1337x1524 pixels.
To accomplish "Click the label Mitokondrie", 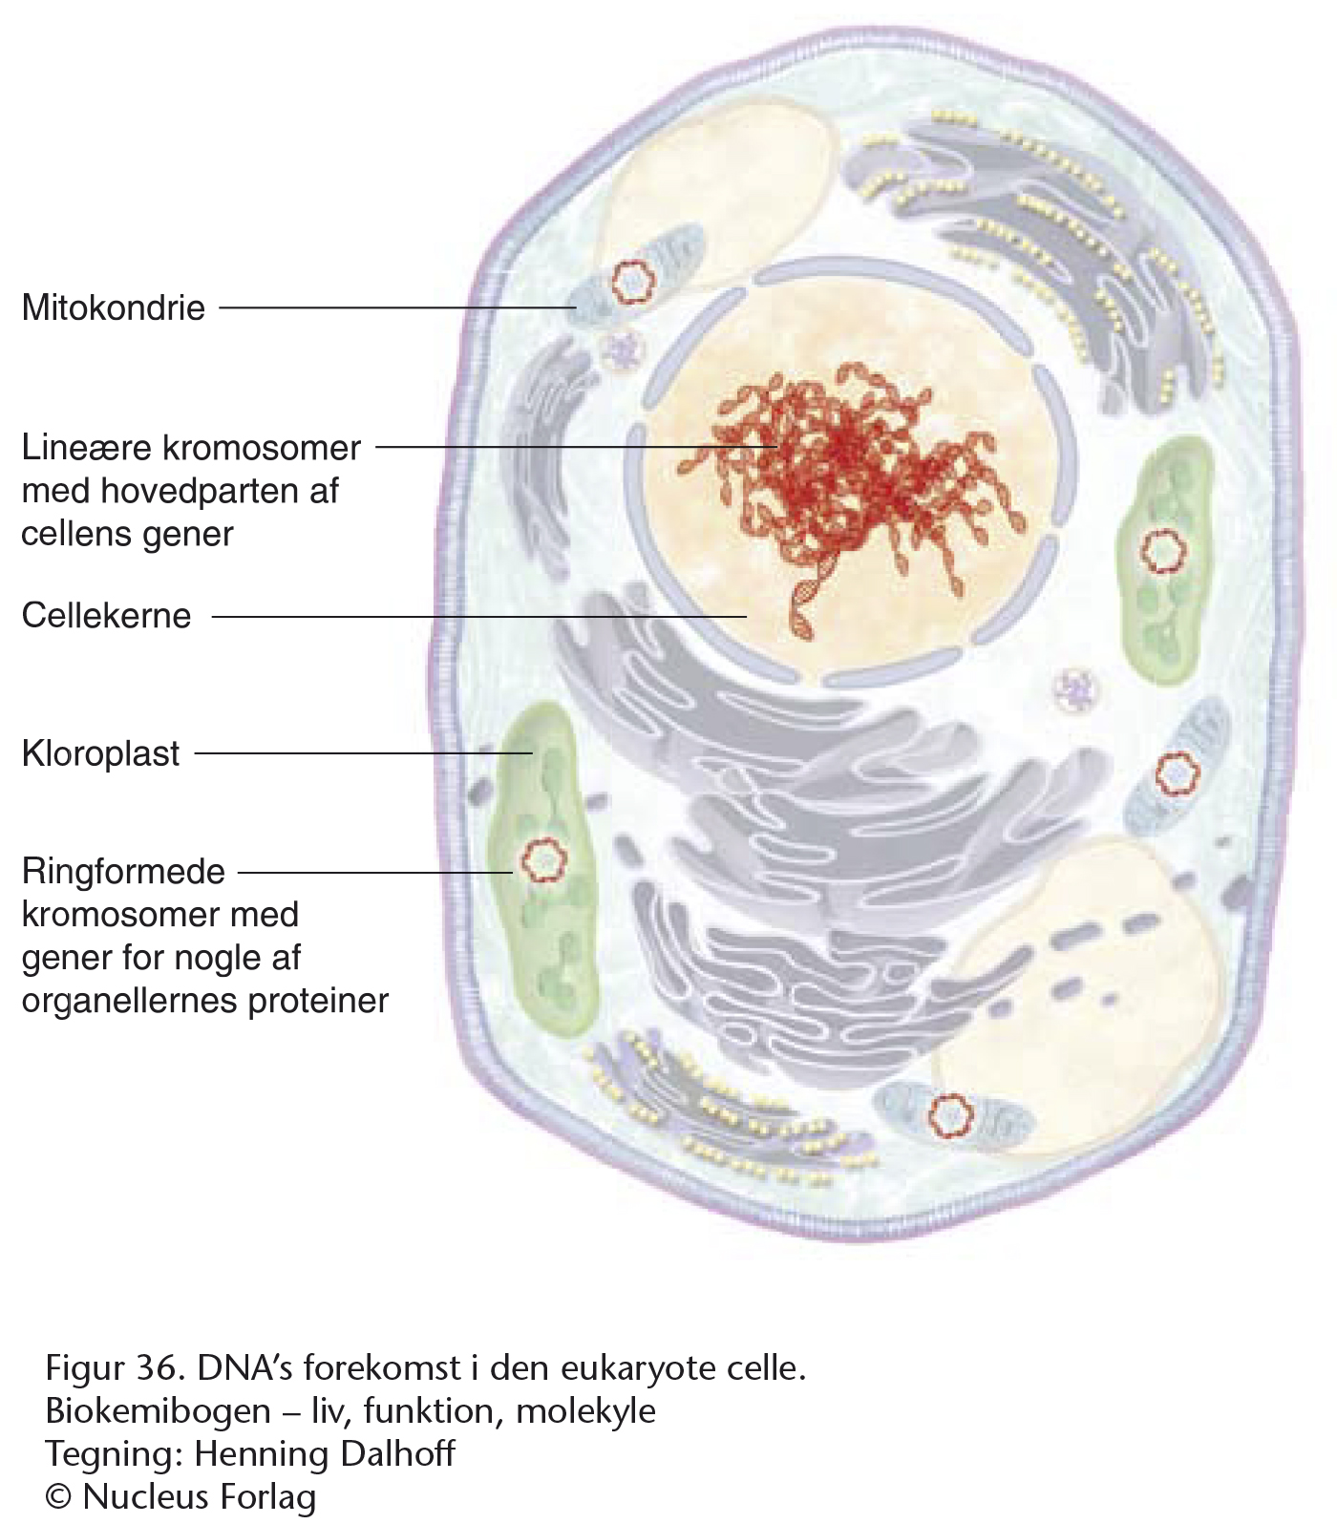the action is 113,307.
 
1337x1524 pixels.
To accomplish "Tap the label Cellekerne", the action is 106,616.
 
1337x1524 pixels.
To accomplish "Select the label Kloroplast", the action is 100,753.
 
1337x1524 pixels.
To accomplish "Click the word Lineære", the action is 82,447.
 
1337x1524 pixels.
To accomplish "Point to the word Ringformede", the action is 123,872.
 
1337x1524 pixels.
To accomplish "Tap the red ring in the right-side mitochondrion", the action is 1177,773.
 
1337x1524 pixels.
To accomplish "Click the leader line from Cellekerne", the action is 479,617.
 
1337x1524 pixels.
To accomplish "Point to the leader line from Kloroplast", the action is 364,753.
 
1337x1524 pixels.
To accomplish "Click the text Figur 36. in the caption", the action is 114,1368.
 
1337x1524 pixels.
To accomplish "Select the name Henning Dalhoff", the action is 325,1453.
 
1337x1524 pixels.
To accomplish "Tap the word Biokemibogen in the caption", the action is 159,1411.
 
